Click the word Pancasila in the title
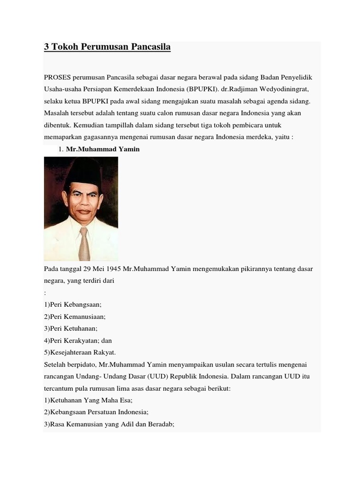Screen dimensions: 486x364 [x=147, y=47]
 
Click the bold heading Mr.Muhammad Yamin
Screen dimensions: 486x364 [x=103, y=149]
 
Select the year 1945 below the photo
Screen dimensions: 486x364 [x=111, y=269]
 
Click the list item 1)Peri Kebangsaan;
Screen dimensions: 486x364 [x=73, y=305]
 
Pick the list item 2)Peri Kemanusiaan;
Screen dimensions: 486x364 [x=75, y=317]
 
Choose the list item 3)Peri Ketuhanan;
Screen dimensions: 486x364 [x=71, y=328]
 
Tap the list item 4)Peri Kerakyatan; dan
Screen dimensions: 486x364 [x=78, y=340]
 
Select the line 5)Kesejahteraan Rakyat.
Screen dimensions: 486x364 [x=80, y=352]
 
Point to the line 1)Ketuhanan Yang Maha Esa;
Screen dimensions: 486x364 [x=88, y=400]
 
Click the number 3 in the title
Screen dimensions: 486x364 [x=46, y=47]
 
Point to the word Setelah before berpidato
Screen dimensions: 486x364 [x=55, y=364]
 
